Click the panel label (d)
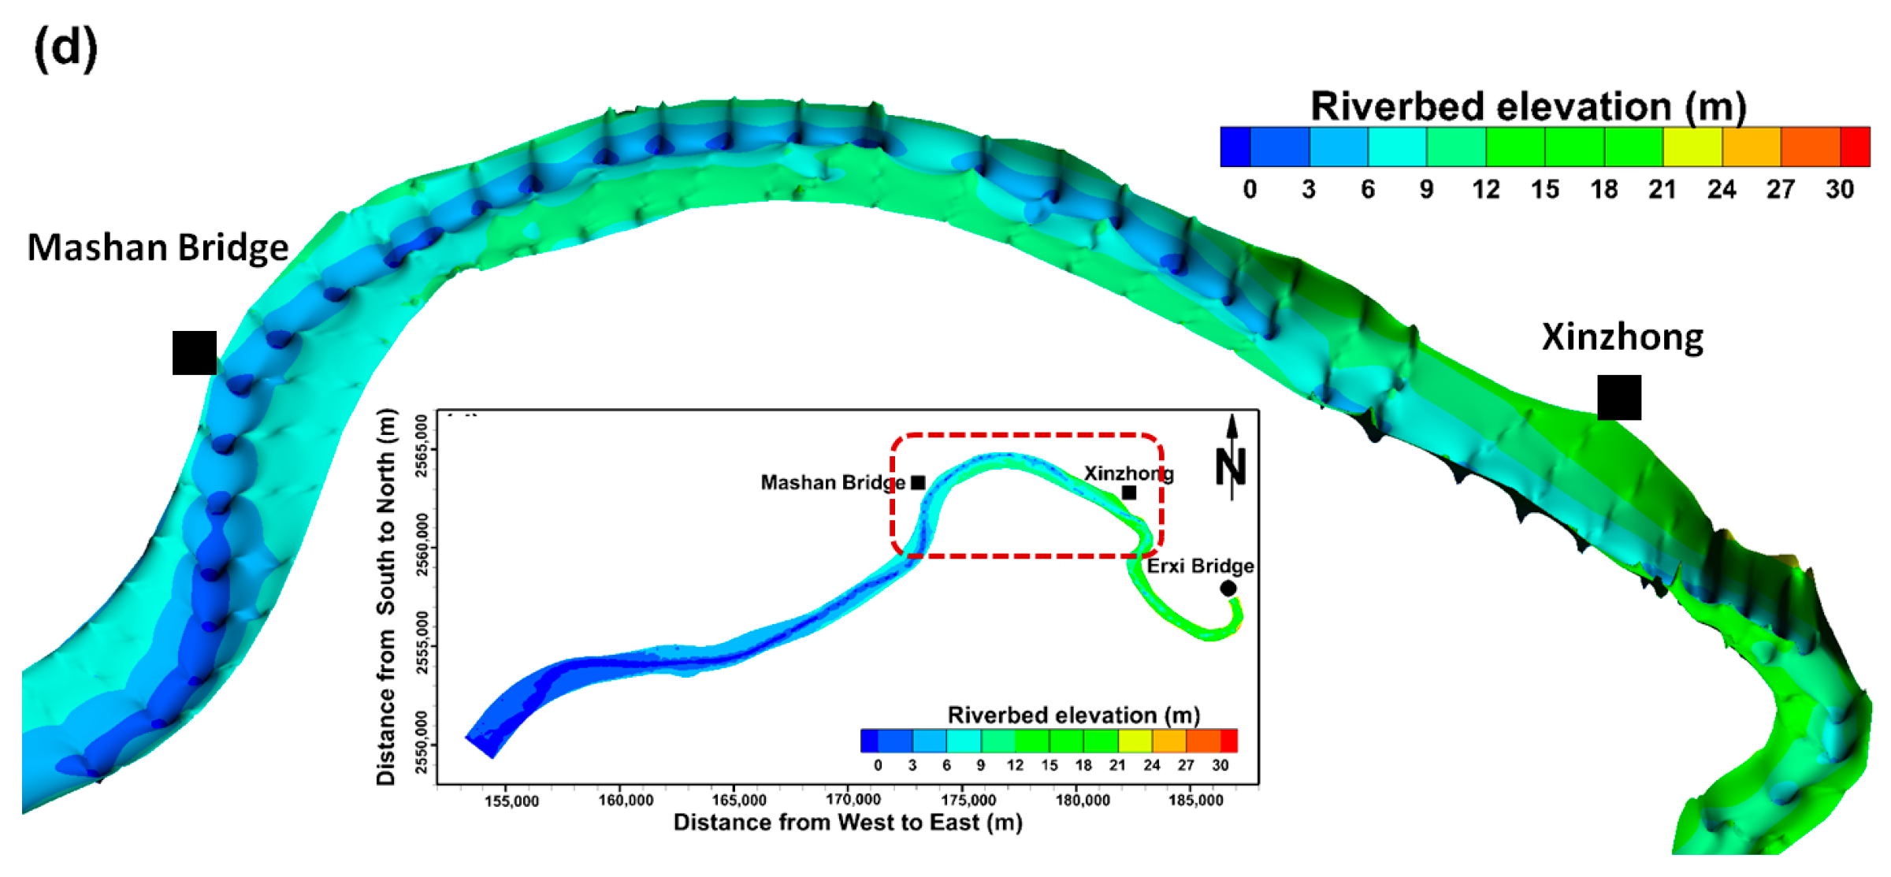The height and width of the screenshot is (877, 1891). click(x=65, y=48)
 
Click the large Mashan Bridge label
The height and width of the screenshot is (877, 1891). click(x=158, y=247)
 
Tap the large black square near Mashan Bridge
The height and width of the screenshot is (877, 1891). click(x=195, y=353)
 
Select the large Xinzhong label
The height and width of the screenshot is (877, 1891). click(x=1622, y=337)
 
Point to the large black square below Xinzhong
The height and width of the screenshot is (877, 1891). click(x=1619, y=398)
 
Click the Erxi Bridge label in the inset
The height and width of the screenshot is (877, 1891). click(x=1199, y=566)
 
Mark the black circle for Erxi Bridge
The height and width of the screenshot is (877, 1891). click(x=1228, y=588)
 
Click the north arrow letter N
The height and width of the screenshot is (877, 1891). click(x=1230, y=466)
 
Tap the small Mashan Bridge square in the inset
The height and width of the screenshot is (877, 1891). click(x=918, y=482)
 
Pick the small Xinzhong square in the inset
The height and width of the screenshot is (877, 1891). click(x=1129, y=492)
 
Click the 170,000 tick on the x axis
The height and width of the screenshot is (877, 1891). click(x=853, y=800)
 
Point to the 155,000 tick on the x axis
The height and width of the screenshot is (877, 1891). click(x=511, y=801)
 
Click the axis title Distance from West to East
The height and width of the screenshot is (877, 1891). click(x=848, y=823)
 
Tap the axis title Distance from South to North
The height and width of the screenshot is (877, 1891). click(x=386, y=596)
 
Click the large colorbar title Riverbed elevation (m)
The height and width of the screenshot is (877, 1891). click(x=1528, y=106)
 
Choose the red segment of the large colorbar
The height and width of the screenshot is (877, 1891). click(x=1855, y=147)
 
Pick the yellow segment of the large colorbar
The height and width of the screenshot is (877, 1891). click(x=1692, y=147)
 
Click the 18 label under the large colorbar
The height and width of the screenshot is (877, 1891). click(x=1603, y=190)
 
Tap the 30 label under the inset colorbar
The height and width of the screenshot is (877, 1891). click(x=1220, y=765)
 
